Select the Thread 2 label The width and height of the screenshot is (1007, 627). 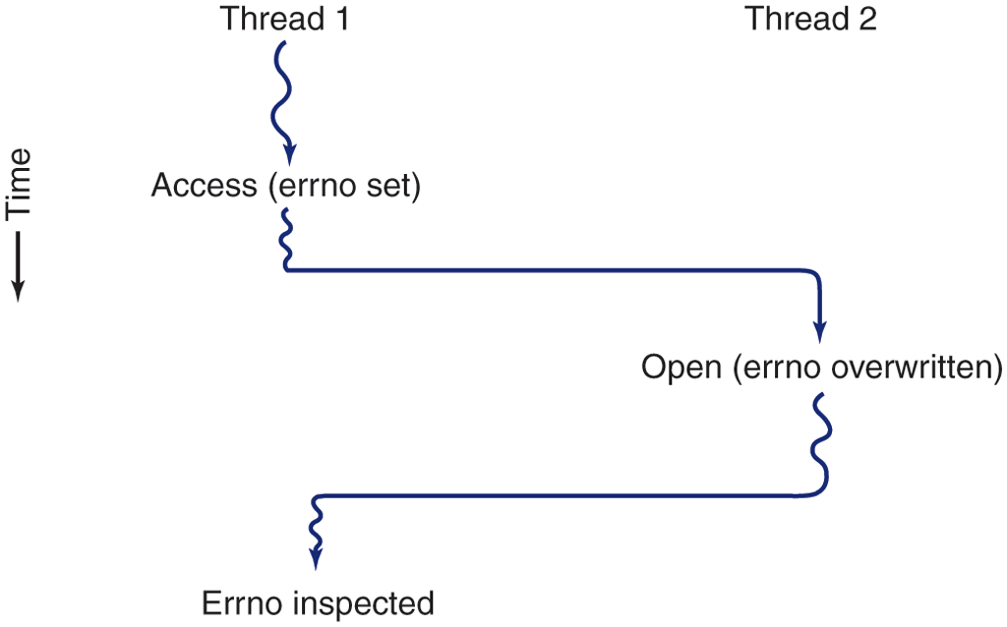(x=809, y=19)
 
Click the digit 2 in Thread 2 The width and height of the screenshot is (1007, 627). (x=866, y=19)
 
